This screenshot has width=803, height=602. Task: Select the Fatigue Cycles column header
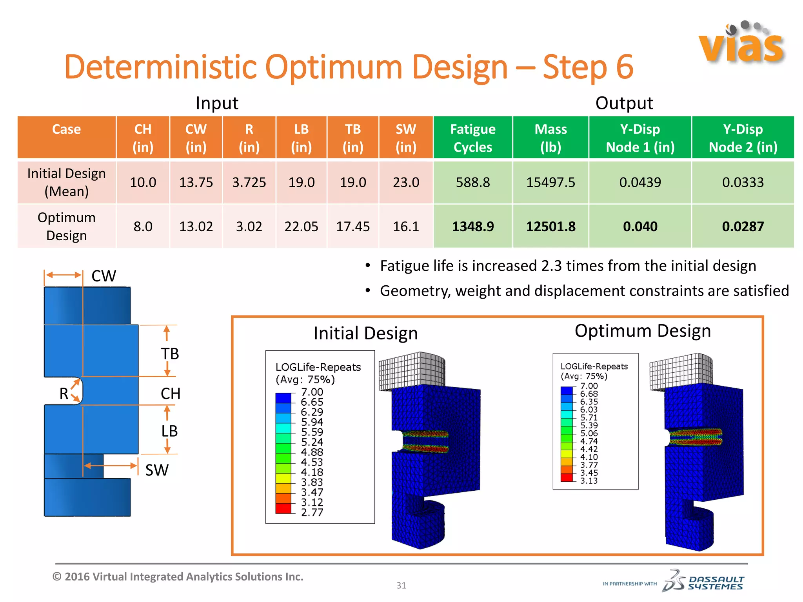[472, 138]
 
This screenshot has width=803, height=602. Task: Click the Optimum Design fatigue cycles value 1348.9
[473, 227]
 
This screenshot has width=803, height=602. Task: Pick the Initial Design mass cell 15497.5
[550, 182]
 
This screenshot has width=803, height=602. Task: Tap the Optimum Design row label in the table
[66, 227]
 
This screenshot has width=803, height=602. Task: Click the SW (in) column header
[406, 138]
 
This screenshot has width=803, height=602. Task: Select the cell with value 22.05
[301, 227]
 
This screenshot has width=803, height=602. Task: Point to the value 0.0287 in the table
[743, 227]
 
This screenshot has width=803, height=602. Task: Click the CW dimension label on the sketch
[104, 276]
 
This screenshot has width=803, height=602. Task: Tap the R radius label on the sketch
[64, 393]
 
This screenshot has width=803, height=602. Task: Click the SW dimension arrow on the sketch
[111, 466]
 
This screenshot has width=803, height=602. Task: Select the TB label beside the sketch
[170, 354]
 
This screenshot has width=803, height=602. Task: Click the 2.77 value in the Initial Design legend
[312, 512]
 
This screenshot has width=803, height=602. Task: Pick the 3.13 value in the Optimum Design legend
[589, 481]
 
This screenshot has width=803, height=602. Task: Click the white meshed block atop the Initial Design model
[412, 370]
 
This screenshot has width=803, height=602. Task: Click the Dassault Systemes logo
[703, 581]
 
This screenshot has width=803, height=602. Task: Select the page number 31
[401, 585]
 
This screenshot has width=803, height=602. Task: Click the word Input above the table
[217, 103]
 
